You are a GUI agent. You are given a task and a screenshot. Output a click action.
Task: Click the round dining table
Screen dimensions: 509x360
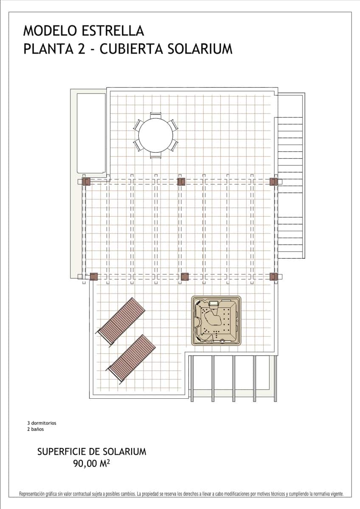tap(156, 135)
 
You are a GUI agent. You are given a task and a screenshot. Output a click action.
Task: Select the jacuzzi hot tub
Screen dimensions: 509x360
tap(216, 320)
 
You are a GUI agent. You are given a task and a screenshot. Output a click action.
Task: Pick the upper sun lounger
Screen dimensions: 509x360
tap(121, 322)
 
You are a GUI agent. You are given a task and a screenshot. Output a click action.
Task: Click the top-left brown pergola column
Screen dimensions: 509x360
tap(86, 182)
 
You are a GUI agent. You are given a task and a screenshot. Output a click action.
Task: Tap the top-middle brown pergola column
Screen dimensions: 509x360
tap(181, 182)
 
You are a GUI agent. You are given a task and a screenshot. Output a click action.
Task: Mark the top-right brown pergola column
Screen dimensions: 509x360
tap(274, 182)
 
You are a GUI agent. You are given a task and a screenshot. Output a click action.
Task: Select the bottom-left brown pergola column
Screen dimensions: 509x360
tap(94, 277)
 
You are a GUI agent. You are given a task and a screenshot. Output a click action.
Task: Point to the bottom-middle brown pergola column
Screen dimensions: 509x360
tap(185, 277)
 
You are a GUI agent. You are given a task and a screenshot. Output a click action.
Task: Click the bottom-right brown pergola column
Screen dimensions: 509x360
tap(274, 277)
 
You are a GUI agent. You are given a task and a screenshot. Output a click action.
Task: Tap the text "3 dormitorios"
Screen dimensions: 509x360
tap(42, 423)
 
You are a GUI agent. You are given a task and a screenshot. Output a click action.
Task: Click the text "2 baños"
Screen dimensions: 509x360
tap(35, 429)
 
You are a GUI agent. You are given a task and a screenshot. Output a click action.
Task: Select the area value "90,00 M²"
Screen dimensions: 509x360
tap(92, 464)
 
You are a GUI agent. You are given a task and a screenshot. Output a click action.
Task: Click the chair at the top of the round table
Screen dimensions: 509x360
tap(156, 115)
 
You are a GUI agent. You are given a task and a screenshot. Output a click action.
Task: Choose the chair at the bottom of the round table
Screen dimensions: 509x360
tap(156, 156)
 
